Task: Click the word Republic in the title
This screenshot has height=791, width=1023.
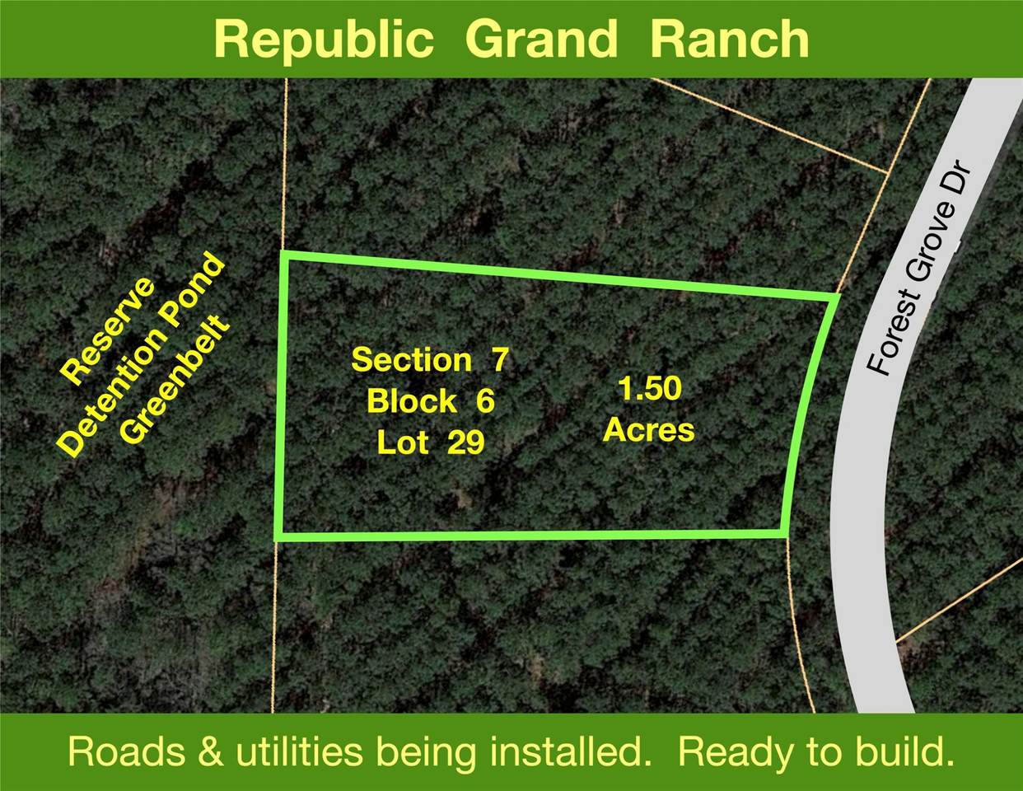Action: pos(324,40)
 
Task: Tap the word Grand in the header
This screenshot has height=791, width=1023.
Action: pos(540,40)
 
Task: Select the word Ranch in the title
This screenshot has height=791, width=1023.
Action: pos(729,40)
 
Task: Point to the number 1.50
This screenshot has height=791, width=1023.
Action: pos(650,389)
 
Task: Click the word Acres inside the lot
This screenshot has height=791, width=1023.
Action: pos(649,429)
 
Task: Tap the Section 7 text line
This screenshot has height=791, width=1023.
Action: pos(431,359)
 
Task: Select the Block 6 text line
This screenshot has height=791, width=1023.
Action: pos(431,401)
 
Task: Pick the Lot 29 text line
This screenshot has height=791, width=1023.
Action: pos(431,443)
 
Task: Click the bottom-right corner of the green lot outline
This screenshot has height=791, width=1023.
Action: pos(782,533)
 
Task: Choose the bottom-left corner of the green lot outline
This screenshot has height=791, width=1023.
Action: pos(278,536)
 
